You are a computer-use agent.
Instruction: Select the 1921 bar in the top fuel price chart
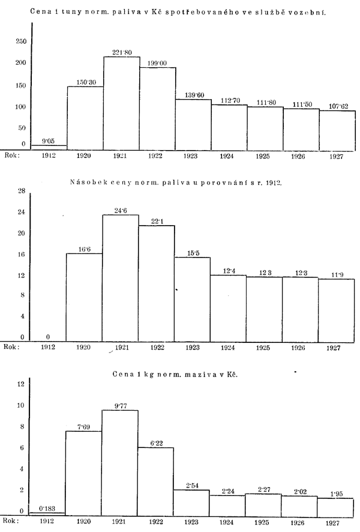click(121, 102)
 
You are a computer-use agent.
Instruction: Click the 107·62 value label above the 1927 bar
click(337, 106)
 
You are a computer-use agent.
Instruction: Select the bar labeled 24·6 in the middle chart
click(121, 276)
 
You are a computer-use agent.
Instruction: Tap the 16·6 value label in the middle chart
click(85, 249)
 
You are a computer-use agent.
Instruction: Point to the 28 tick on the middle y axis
click(20, 192)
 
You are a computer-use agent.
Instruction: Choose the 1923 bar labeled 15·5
click(193, 297)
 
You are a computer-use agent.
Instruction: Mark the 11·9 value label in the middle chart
click(337, 274)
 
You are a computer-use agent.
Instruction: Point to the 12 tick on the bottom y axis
click(20, 384)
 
